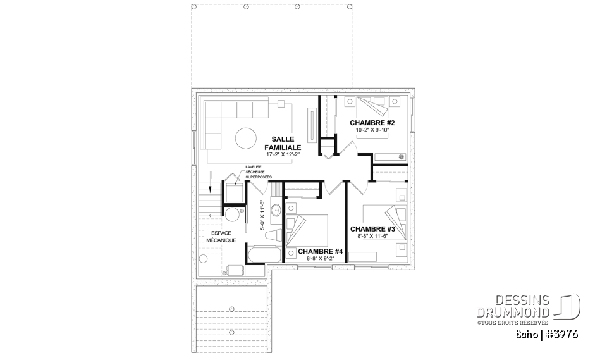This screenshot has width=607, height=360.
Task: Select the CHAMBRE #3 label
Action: tap(372, 228)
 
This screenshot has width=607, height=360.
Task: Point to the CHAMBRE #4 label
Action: tap(320, 252)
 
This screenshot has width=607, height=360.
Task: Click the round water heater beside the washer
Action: tap(232, 215)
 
